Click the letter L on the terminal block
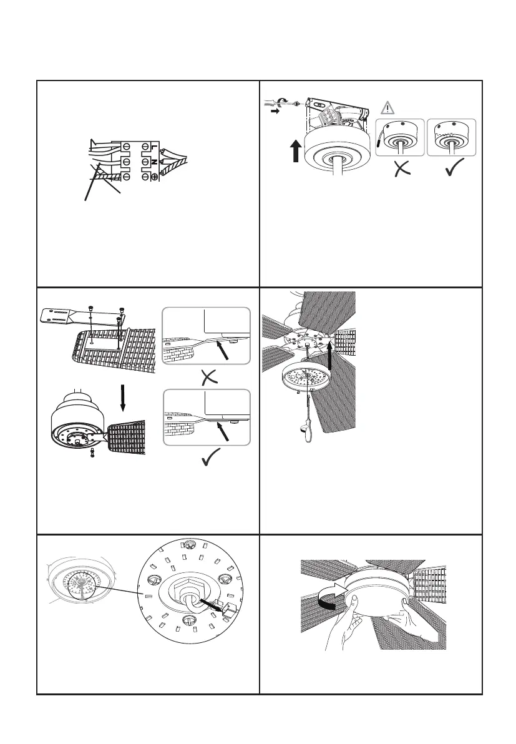point(153,147)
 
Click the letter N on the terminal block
point(153,162)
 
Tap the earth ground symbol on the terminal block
point(153,177)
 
